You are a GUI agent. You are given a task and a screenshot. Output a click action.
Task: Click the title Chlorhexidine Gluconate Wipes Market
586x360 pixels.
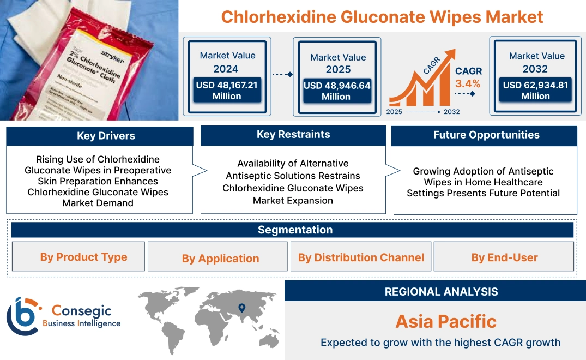point(382,17)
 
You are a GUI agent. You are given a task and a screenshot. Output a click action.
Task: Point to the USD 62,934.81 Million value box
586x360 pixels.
point(535,91)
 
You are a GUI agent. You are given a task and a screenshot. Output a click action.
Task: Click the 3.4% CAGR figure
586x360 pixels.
point(468,83)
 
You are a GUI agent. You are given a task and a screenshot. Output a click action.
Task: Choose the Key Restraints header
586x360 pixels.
point(293,135)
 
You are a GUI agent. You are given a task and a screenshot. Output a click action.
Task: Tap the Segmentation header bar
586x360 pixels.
point(295,230)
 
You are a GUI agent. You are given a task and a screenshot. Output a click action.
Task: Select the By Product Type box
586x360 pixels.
point(83,257)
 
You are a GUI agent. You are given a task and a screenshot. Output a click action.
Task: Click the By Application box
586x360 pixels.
point(220,258)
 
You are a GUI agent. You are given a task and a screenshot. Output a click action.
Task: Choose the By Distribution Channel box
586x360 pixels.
point(360,257)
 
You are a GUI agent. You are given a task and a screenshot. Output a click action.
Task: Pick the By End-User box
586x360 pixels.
point(504,257)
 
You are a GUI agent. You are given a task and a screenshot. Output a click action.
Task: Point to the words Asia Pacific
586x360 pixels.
point(446,321)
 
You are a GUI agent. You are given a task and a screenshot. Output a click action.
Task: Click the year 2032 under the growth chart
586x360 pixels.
point(452,112)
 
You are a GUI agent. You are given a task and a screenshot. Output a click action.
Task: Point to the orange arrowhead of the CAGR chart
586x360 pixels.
point(450,54)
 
